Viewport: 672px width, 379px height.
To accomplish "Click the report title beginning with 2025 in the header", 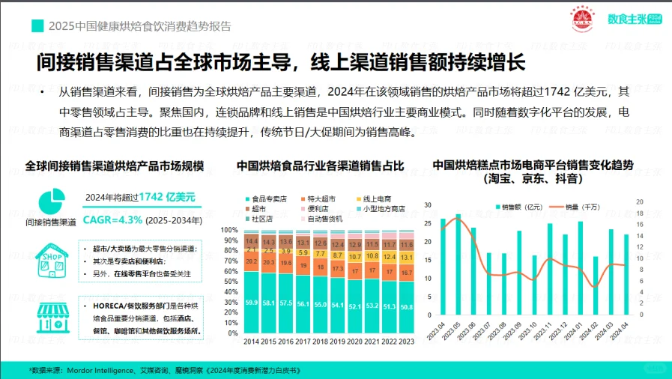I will coord(139,25).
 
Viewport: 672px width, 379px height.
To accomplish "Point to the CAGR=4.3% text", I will coord(118,220).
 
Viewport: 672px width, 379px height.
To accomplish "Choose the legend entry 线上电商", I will coord(378,198).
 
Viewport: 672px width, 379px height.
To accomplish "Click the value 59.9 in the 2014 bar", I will coord(252,303).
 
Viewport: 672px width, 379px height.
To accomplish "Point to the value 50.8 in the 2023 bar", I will coord(405,307).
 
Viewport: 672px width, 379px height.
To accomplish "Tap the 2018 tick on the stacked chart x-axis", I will coord(320,342).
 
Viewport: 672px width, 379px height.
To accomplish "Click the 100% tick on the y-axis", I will coord(229,230).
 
